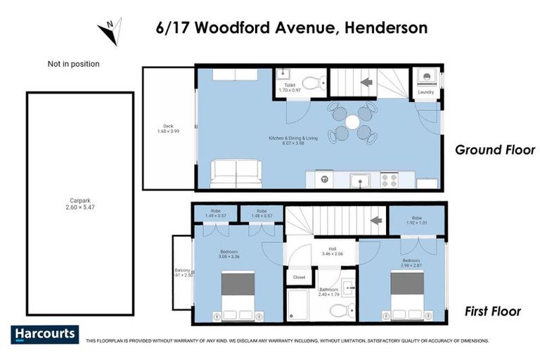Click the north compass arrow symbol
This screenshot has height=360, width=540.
(110, 30)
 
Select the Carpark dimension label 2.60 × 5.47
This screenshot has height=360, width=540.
(79, 207)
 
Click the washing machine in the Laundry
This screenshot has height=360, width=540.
(426, 77)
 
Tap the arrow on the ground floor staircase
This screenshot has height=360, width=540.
(366, 82)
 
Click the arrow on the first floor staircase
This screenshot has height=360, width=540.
(375, 220)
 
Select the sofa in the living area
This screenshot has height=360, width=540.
(237, 174)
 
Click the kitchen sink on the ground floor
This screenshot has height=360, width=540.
(361, 181)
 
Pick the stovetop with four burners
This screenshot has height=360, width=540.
(389, 180)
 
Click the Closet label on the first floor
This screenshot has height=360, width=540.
(299, 277)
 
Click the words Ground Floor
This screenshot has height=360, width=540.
(495, 150)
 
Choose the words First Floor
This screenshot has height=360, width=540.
(493, 311)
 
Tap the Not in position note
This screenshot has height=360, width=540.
(73, 64)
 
